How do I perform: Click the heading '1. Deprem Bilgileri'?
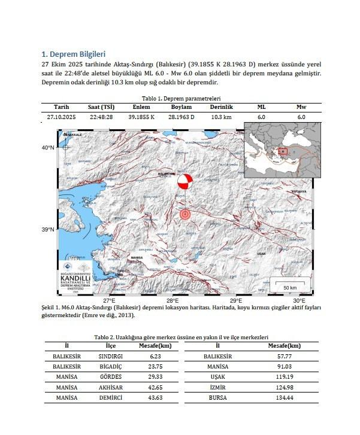point(72,54)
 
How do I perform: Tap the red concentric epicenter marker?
point(185,214)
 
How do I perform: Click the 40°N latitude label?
point(48,147)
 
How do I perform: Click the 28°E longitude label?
point(173,300)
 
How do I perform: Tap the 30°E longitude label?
point(299,300)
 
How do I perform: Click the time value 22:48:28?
point(101,117)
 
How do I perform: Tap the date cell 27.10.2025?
point(61,117)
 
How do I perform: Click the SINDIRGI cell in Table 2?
point(110,355)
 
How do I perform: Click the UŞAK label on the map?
point(261,254)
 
